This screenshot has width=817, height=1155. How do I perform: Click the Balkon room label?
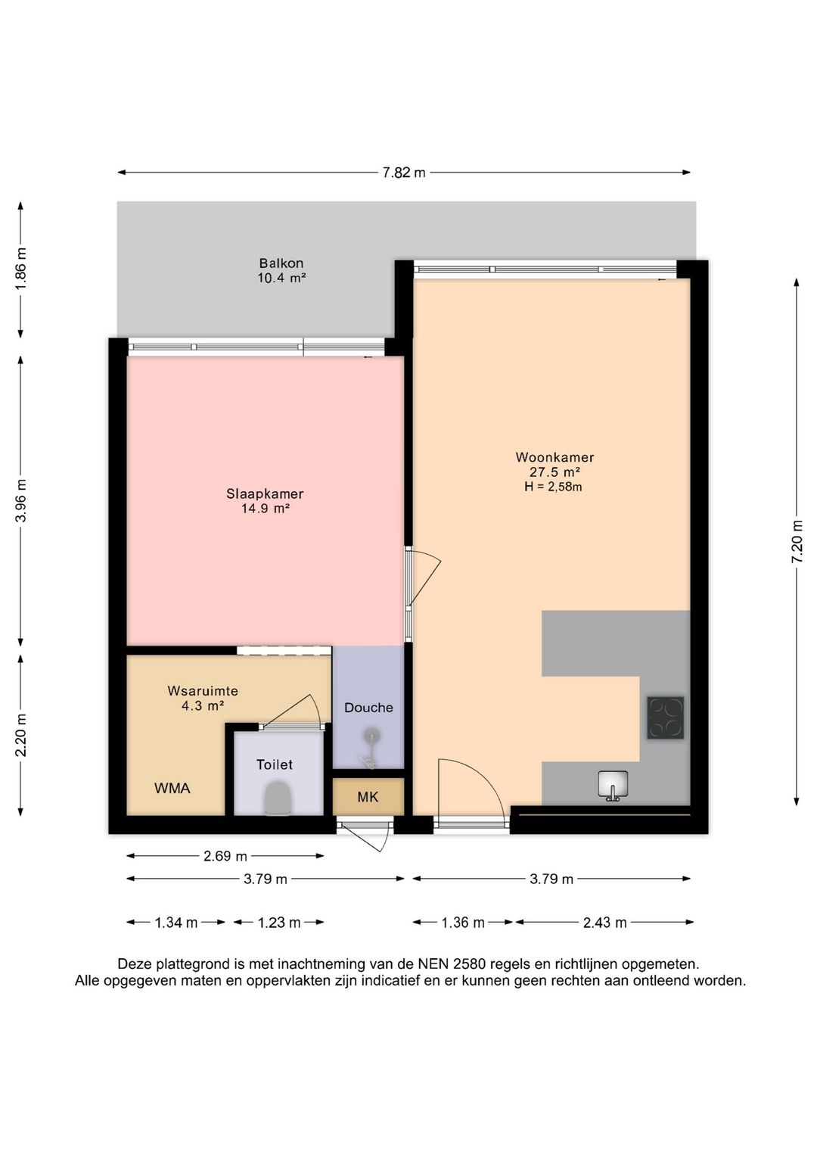281,263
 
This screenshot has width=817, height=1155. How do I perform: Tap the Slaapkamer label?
265,494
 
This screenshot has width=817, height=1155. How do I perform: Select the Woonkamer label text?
555,457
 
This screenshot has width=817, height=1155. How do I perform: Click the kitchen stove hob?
666,718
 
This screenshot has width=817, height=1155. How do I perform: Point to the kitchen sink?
613,786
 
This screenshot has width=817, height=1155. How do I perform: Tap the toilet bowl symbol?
278,799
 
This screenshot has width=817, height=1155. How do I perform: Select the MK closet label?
368,797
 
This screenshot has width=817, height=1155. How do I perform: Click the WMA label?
172,789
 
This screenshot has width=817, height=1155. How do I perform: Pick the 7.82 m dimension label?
404,173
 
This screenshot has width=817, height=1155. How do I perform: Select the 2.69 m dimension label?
225,857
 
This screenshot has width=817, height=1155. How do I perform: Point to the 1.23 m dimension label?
279,923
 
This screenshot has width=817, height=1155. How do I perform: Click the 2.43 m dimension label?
604,923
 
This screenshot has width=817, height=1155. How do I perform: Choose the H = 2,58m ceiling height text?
553,486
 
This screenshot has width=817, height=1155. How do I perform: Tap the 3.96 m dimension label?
20,500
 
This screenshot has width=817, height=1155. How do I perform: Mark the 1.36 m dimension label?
463,923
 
